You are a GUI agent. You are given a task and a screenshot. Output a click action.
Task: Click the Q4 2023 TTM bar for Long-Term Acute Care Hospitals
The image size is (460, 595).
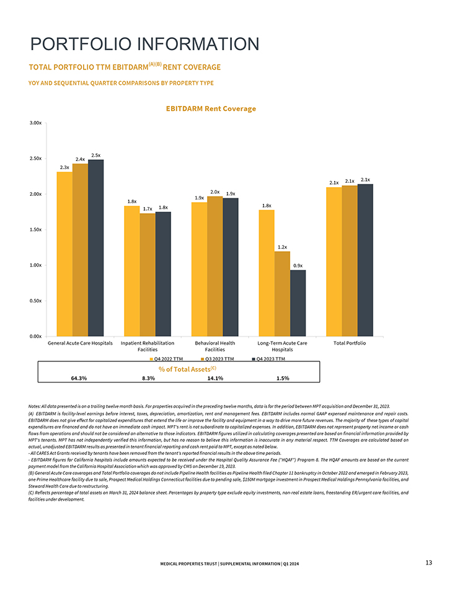(298, 302)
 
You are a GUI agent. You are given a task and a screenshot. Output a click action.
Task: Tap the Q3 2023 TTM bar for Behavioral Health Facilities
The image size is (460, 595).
(215, 265)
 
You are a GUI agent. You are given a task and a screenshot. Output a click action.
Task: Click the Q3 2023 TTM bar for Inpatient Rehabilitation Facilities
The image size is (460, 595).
(148, 274)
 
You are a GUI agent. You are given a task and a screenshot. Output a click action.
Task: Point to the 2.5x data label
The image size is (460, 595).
(96, 154)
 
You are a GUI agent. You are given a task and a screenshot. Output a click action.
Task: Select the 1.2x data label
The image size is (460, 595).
(282, 247)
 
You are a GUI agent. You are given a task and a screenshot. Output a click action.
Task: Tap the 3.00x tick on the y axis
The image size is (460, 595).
(36, 123)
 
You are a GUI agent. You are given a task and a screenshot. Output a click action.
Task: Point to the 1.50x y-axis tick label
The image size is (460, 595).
(36, 229)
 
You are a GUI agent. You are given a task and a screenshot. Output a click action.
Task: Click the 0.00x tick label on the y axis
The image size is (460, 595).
(36, 336)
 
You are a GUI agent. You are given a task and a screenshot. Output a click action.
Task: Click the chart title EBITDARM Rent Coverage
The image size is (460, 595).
(210, 108)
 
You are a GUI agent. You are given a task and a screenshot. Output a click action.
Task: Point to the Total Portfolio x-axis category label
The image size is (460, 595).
(349, 343)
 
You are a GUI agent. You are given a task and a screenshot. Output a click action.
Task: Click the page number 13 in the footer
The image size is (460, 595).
(428, 562)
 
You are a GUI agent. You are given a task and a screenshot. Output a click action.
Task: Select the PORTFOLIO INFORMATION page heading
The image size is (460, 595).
(144, 44)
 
